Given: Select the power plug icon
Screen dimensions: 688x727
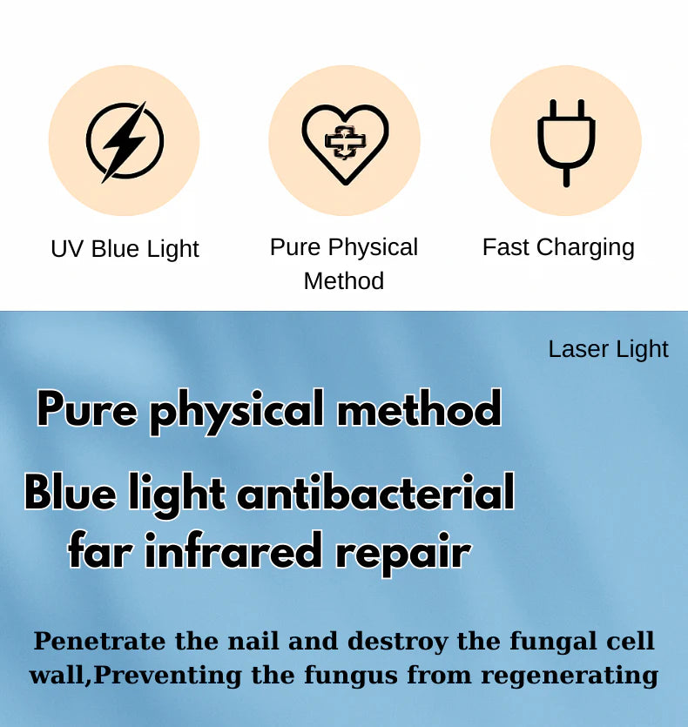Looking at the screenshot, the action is pos(566,142).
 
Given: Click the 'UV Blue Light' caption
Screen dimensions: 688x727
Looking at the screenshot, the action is pos(125,249).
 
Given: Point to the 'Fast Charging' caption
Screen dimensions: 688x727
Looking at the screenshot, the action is pos(558,247).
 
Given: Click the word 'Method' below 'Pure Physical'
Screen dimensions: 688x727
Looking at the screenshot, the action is pos(344,281).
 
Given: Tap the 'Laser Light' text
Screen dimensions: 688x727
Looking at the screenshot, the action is pos(608,350).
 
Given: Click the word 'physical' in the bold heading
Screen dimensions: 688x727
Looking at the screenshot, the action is pos(237,411).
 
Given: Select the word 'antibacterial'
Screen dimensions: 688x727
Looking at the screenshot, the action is pos(375,492).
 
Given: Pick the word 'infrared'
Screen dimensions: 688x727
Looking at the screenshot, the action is pos(233,550).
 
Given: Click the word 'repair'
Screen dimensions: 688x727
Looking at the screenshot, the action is pos(402,554).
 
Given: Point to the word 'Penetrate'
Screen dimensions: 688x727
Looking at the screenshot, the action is pos(99,641).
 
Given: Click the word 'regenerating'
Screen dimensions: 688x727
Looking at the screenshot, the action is pos(570,677).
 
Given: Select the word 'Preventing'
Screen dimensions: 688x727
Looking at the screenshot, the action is pos(167,676).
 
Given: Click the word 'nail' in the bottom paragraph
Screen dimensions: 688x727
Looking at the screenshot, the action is pos(253,641).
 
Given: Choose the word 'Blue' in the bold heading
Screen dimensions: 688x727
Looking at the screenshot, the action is pos(70,492).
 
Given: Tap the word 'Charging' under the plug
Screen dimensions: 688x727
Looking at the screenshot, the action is pos(585,247).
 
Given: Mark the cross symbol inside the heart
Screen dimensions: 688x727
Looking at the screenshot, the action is pos(345,141).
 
